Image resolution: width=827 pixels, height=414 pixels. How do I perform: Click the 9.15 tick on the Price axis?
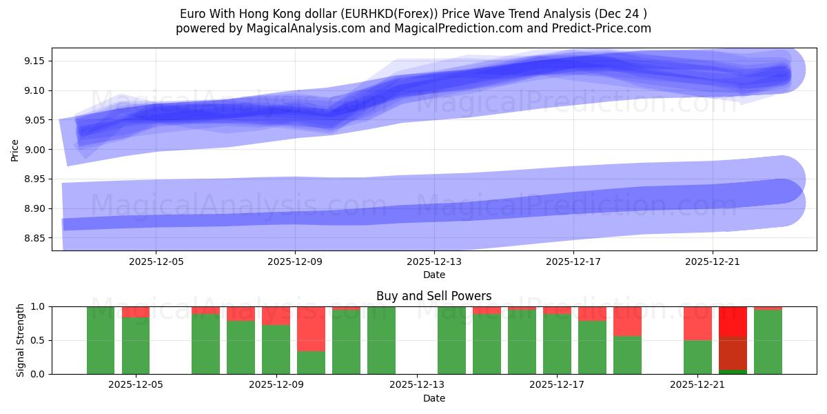click(x=34, y=61)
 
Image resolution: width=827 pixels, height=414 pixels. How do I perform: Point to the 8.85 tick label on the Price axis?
click(x=34, y=238)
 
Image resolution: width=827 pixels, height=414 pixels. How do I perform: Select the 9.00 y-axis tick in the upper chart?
click(x=34, y=150)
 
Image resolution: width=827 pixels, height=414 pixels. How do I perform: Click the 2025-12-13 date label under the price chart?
click(x=434, y=262)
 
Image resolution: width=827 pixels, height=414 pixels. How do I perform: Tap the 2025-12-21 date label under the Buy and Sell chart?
click(x=698, y=385)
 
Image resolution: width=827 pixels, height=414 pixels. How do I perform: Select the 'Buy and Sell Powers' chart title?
click(x=433, y=296)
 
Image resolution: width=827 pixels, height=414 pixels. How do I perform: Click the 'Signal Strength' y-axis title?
click(x=21, y=340)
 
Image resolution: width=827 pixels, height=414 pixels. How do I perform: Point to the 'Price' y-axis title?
click(x=15, y=149)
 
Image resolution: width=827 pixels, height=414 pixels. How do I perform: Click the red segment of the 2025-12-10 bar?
click(x=311, y=328)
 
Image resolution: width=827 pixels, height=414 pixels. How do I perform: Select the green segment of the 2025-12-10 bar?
click(x=311, y=362)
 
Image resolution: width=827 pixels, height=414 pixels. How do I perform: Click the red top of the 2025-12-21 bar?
click(x=697, y=323)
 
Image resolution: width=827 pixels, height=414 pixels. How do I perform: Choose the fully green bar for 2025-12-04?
click(x=101, y=340)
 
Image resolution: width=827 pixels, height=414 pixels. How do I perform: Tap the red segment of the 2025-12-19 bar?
click(x=627, y=321)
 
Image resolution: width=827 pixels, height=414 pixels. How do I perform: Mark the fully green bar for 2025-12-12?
click(x=381, y=340)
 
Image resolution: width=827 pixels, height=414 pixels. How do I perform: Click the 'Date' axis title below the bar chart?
click(x=433, y=398)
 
